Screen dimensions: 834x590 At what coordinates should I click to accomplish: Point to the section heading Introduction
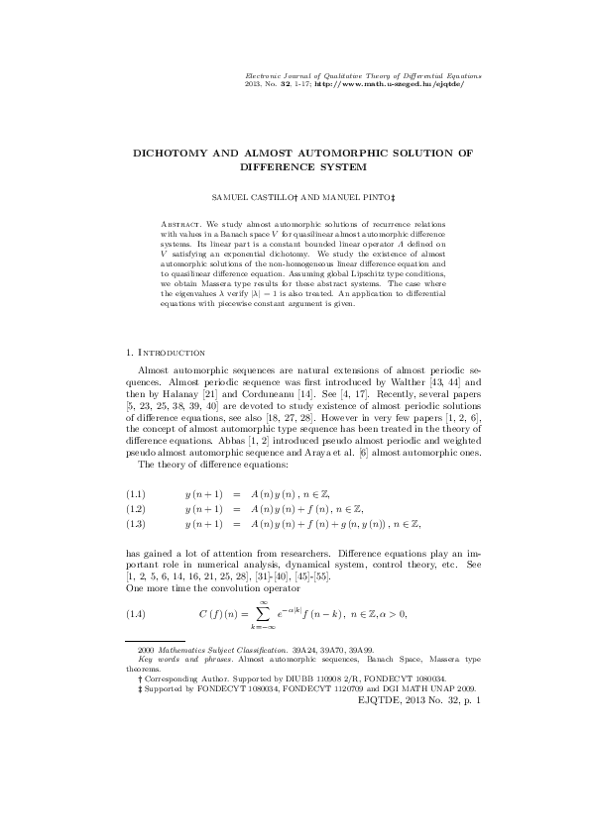pos(173,352)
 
